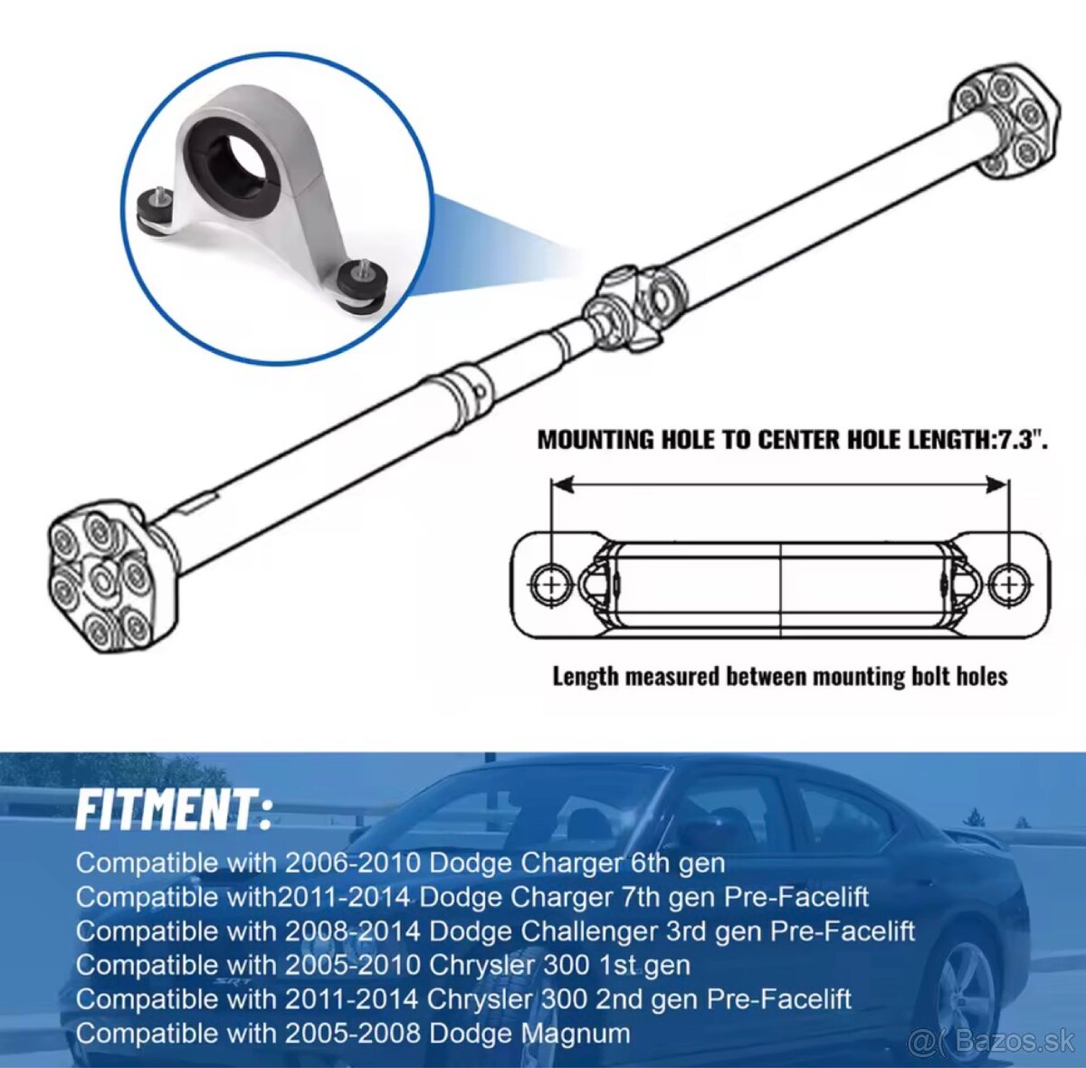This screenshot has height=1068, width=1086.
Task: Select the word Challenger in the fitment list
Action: (x=591, y=931)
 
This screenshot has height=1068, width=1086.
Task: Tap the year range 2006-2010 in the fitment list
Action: (x=353, y=863)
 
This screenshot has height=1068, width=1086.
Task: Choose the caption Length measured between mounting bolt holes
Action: (x=780, y=677)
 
